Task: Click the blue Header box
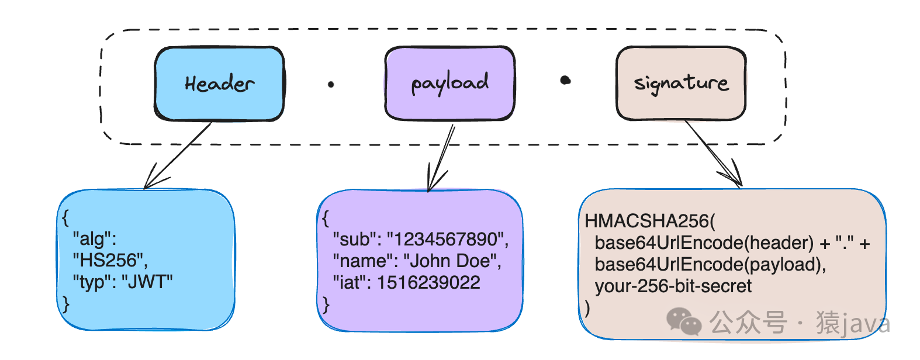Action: [219, 84]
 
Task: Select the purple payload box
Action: [449, 84]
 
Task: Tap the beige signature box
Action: [681, 84]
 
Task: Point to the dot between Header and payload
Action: [331, 85]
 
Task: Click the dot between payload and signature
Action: [566, 80]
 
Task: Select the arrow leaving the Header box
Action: [178, 155]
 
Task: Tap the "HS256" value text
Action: [110, 261]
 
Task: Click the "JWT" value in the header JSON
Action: [147, 282]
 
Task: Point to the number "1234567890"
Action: [448, 239]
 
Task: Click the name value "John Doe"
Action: [452, 261]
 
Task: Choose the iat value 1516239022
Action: [428, 282]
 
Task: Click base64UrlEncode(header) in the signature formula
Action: [704, 243]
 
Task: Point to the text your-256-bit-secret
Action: [673, 286]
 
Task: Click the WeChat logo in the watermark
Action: [684, 321]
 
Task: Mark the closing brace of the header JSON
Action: [65, 304]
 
